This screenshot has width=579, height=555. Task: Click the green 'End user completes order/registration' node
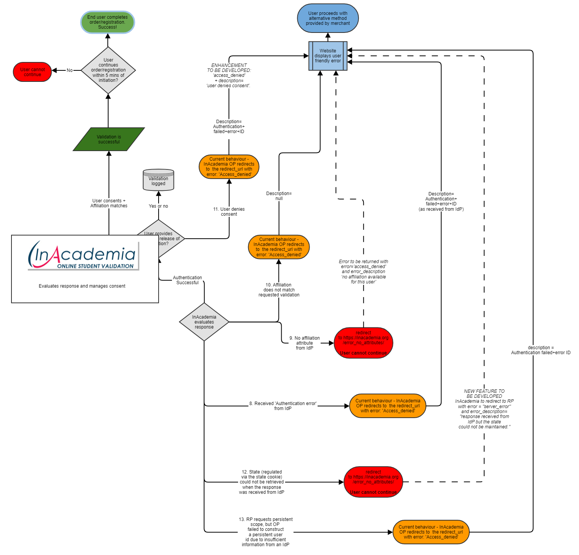tap(107, 22)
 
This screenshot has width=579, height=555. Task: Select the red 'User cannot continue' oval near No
tap(32, 72)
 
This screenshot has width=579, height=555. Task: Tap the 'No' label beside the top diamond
tap(70, 70)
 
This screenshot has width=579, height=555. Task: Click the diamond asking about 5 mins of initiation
tap(108, 70)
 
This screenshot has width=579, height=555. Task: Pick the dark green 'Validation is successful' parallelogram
tap(109, 139)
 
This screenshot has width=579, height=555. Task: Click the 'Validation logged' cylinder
tap(158, 180)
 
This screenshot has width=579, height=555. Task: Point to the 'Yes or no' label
tap(158, 206)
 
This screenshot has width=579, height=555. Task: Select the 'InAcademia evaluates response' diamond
tap(204, 322)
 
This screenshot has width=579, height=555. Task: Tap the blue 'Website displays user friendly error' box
tap(328, 56)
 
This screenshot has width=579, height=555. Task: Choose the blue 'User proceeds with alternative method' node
tap(328, 18)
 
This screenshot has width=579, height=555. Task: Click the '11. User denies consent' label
tap(229, 212)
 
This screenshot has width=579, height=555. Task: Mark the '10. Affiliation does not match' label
tap(279, 290)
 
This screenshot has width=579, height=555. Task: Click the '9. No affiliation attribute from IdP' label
tap(305, 343)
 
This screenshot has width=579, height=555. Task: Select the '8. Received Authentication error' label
tap(283, 406)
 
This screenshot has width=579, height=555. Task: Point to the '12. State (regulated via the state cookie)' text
tap(262, 482)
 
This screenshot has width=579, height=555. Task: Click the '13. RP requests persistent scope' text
tap(266, 532)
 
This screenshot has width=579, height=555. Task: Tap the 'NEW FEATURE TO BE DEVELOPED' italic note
tap(484, 409)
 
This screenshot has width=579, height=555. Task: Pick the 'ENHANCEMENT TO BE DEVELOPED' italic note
tap(229, 75)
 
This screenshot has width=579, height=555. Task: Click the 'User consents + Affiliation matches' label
tap(109, 203)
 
